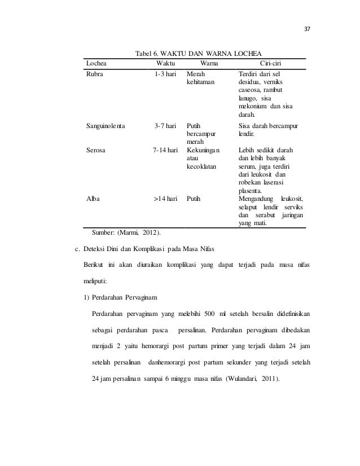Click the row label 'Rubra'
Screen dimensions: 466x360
tap(94, 74)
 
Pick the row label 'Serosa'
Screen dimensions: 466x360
tap(96, 151)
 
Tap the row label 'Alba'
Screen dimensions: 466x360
tap(93, 199)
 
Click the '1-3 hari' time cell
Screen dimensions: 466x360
tap(166, 74)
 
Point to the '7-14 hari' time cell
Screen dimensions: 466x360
tap(165, 151)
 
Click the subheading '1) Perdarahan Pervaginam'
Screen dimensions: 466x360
tap(120, 298)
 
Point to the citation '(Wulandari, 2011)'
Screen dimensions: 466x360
tap(252, 378)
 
